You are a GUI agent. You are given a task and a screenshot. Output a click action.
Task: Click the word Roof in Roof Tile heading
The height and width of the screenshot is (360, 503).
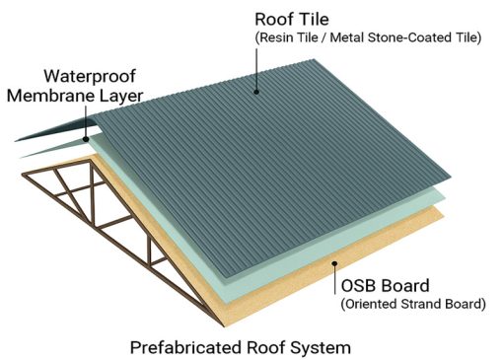[x=274, y=20]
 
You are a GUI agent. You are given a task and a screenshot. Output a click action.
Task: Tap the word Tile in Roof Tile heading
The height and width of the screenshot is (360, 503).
[x=314, y=20]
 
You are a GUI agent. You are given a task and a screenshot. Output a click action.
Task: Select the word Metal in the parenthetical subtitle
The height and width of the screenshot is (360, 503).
[x=347, y=37]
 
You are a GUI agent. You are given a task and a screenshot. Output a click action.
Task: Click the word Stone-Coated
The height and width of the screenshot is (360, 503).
[x=409, y=37]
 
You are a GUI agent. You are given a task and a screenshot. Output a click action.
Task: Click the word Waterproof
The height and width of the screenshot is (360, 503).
[x=90, y=77]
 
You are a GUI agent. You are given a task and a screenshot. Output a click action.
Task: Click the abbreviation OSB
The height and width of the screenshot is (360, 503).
[x=358, y=285]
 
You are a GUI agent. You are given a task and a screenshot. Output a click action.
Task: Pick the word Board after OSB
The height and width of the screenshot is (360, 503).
[x=404, y=285]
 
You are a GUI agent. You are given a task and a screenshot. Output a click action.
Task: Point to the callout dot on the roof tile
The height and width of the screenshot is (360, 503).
[x=256, y=92]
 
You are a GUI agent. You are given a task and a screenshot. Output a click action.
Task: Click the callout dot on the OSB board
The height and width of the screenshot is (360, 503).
[x=334, y=263]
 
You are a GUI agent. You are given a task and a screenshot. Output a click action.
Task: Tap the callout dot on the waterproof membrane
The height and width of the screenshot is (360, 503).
[x=86, y=139]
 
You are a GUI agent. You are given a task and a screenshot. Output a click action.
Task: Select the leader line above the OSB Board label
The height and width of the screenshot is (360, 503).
[x=334, y=279]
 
